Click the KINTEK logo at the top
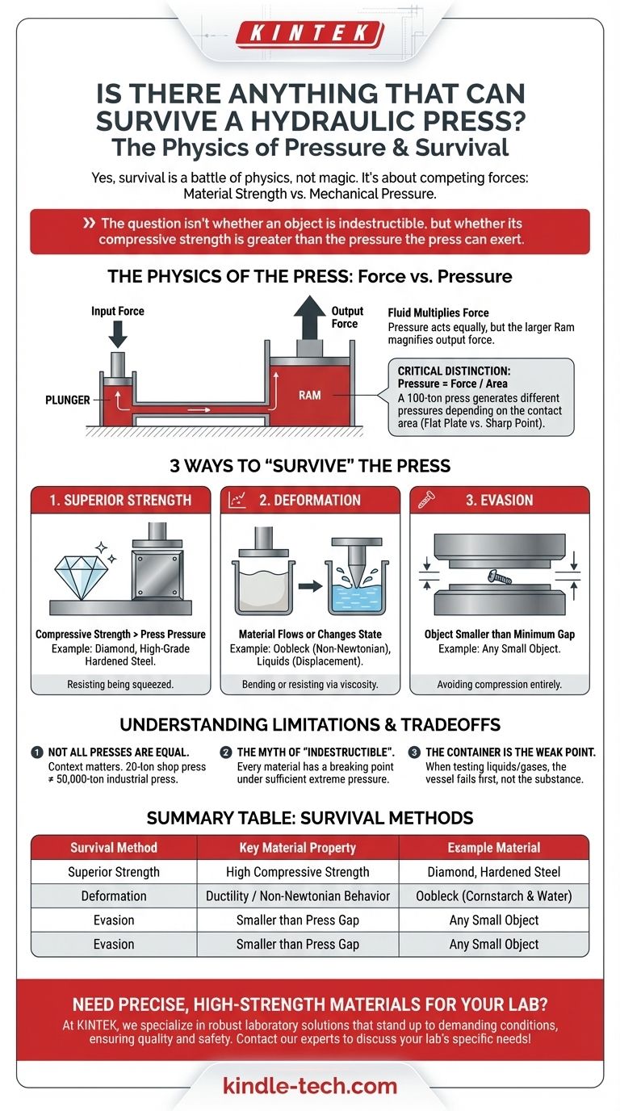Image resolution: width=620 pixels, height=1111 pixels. pos(310,34)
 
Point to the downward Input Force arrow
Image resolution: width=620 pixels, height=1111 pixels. pos(118,334)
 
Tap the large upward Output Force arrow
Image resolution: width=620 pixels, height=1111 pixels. pos(309,317)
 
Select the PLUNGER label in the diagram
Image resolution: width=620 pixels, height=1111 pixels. pos(68,400)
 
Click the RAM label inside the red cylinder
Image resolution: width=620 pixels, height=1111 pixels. pos(309,396)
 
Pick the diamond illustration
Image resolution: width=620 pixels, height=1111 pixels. pos(81,577)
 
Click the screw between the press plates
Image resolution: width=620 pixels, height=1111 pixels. pos(499,576)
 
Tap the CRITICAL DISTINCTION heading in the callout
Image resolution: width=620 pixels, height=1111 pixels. pos(454,371)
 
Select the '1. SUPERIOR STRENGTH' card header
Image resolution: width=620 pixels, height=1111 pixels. pos(120,500)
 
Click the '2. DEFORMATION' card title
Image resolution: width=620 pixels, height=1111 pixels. pos(309,500)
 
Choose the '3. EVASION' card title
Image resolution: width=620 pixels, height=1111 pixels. pos(499,500)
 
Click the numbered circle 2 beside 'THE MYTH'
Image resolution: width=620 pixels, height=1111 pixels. pos(226,753)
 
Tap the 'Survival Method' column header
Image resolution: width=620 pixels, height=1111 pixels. pos(114,848)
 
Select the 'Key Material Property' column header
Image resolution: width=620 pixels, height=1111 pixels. pos(298,848)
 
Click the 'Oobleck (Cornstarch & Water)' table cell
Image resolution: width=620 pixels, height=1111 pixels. pos(494,895)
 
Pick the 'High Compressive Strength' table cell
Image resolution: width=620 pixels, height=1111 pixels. pos(298,872)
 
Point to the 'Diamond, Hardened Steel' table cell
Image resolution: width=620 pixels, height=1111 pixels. pos(494,872)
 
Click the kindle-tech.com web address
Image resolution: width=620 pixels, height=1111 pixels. pos(310,1086)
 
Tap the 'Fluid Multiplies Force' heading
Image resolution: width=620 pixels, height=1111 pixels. pos(438,313)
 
